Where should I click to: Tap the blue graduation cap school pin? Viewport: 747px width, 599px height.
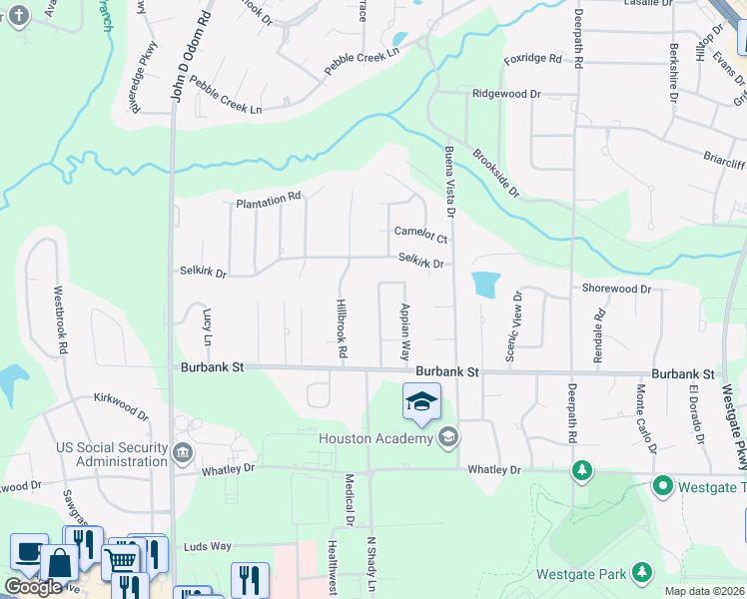coord(421,401)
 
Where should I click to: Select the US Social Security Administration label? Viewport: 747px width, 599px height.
coord(112,454)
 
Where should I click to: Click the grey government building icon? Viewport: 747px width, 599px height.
coord(183,453)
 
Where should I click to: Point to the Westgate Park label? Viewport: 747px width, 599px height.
coord(580,573)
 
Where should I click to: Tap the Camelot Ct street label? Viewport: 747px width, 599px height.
coord(420,234)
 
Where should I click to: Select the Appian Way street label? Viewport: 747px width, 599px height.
coord(405,331)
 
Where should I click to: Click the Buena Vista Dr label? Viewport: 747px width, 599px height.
coord(449,182)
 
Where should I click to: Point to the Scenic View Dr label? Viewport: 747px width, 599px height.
coord(513,326)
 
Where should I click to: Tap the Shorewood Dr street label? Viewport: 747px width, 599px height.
coord(616,289)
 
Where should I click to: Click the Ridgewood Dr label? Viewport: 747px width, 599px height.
coord(505,93)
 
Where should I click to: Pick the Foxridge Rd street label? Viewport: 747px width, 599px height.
coord(532,59)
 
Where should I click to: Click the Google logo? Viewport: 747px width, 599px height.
coord(33,587)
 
